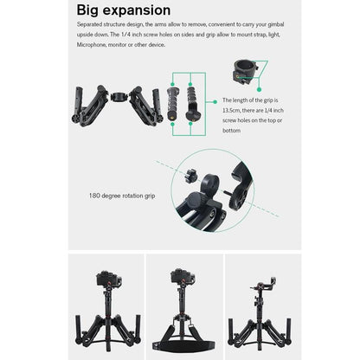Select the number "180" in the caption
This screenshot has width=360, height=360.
coord(96,195)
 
